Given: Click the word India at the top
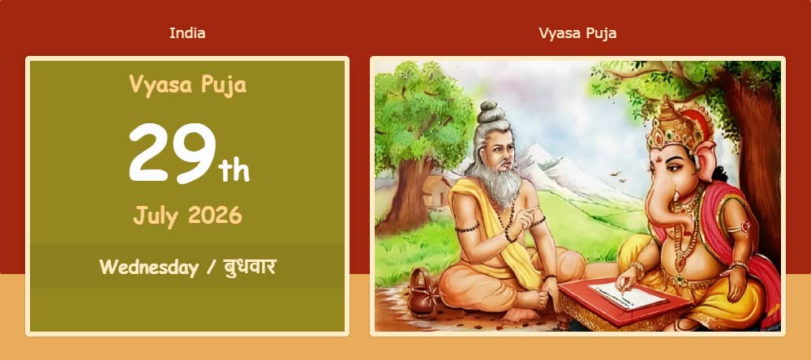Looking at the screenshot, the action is click(187, 33).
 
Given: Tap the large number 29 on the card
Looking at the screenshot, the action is click(172, 153).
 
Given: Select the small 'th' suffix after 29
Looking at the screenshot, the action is click(234, 170).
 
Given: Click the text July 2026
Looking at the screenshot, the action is click(187, 215).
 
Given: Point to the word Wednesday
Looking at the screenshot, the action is click(149, 268).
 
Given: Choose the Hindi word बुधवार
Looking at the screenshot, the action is click(249, 268).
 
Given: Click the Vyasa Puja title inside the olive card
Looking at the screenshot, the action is click(188, 85).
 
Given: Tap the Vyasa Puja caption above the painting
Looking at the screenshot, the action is click(577, 33).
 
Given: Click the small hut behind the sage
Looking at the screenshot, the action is click(436, 192).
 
